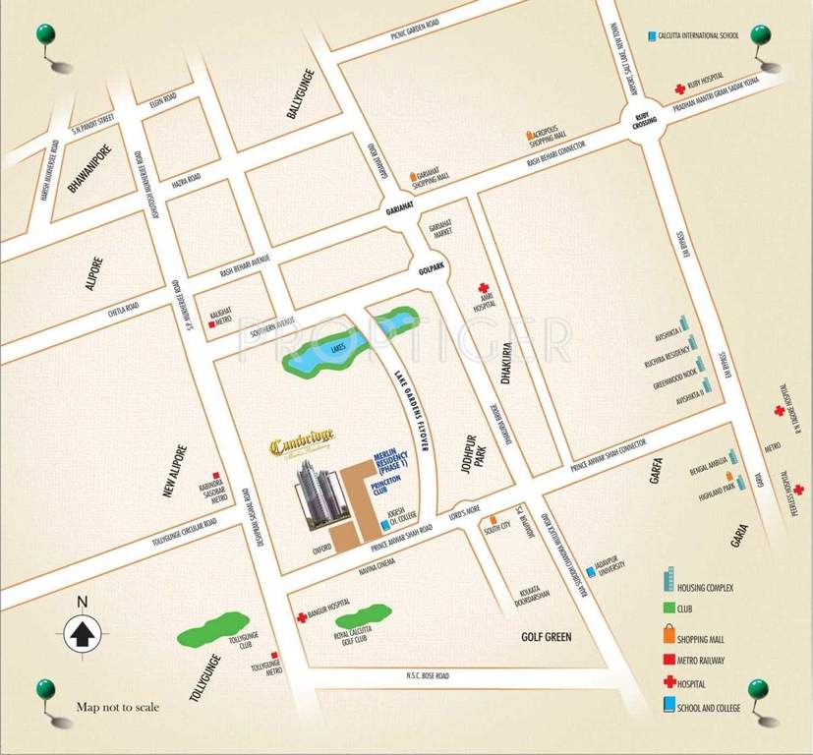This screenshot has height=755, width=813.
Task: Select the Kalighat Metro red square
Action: (212, 322)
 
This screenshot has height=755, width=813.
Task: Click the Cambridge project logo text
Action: (303, 445)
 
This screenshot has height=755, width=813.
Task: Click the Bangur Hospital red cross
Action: (302, 617)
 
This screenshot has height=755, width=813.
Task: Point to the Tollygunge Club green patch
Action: (213, 628)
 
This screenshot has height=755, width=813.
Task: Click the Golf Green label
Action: (545, 637)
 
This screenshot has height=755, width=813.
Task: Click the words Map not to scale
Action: (117, 707)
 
